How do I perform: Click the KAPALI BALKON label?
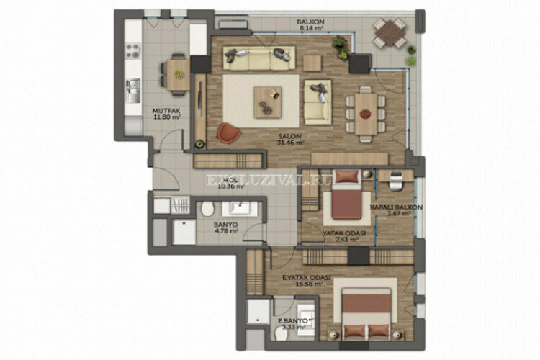[x=396, y=210]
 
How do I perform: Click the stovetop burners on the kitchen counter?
[x=133, y=50]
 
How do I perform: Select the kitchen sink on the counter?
[x=133, y=88]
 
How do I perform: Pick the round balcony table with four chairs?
[x=389, y=31]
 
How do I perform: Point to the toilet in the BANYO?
[x=208, y=210]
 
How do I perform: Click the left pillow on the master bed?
[x=352, y=330]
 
